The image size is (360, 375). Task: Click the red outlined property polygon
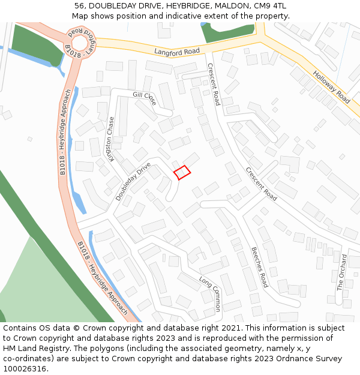point(182,173)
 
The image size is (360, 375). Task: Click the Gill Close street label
point(145,99)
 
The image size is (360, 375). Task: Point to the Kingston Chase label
point(110,139)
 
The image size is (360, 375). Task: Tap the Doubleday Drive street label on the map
point(133,181)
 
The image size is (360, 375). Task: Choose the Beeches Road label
point(259,267)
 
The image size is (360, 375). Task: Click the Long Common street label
point(211,293)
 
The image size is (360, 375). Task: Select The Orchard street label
point(342,272)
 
